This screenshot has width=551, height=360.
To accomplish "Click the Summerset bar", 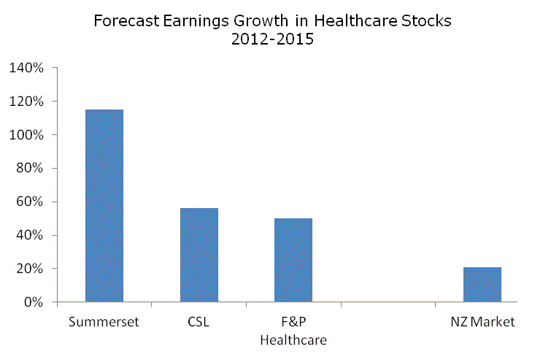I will click(104, 205).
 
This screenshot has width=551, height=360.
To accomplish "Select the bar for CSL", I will click(199, 255).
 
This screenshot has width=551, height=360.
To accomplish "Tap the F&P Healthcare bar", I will click(293, 260).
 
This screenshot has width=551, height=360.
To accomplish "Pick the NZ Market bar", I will click(482, 284).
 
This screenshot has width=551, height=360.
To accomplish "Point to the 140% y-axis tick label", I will click(27, 68).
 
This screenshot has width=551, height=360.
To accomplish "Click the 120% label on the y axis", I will click(27, 102).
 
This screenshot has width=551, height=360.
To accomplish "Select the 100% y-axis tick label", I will click(27, 135).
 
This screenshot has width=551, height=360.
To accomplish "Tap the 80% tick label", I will click(30, 169).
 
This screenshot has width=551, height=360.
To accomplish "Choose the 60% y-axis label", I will click(30, 202).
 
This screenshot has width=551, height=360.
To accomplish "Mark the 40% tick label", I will click(30, 235).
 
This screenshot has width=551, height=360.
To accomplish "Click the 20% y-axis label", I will click(30, 269).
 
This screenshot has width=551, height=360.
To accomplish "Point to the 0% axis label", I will click(33, 302).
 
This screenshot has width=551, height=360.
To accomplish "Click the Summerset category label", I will click(104, 322).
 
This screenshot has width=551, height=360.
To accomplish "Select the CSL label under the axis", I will click(199, 322).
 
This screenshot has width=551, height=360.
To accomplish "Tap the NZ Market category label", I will click(482, 322).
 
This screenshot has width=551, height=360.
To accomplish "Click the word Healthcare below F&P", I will click(293, 340).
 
